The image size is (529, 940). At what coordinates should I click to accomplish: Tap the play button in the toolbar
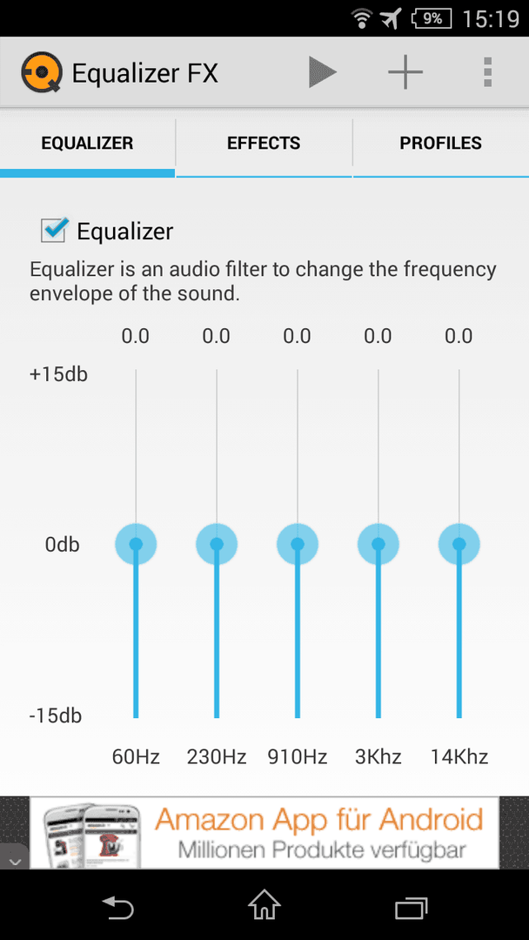[322, 72]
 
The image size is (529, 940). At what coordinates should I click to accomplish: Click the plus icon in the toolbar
[405, 72]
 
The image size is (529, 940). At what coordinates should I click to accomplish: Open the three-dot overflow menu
[487, 72]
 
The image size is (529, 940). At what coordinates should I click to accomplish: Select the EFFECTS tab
[264, 144]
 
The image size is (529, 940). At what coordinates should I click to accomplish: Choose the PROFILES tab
[441, 144]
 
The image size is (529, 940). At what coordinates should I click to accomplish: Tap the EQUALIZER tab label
[88, 144]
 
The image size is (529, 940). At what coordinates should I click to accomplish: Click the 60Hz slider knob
[136, 544]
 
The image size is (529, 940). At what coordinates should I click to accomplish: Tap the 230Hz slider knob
[217, 544]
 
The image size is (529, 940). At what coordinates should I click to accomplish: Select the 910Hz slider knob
[298, 544]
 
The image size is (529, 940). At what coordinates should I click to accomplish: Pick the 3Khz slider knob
[378, 544]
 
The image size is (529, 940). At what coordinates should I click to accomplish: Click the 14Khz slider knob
[459, 544]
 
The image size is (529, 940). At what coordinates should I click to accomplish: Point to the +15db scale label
[58, 374]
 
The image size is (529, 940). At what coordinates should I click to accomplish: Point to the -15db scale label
[55, 715]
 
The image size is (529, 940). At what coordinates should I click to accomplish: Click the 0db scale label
[63, 545]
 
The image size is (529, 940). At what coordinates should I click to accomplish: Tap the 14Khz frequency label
[459, 756]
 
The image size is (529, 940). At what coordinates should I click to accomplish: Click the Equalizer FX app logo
[42, 73]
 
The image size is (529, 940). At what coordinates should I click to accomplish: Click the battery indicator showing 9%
[432, 18]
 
